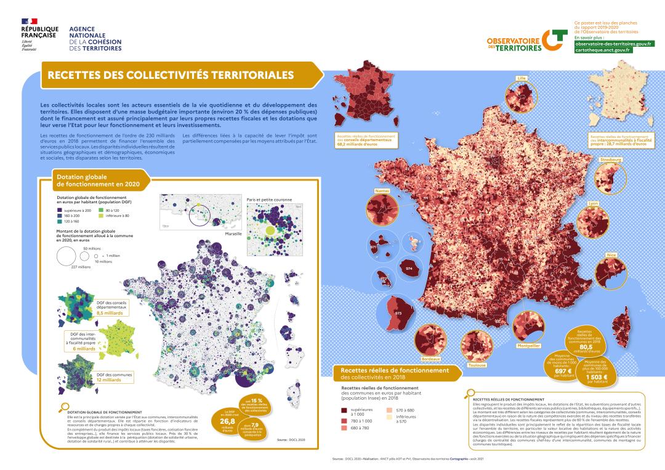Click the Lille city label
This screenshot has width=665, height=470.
(x=522, y=79)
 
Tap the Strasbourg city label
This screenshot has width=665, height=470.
(x=610, y=160)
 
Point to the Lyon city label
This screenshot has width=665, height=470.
(x=594, y=203)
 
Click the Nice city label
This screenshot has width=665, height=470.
(x=611, y=254)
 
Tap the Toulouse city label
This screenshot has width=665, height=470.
(x=477, y=365)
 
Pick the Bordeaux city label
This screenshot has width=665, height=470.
(x=430, y=359)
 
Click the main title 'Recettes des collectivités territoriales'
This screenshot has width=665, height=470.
(x=167, y=75)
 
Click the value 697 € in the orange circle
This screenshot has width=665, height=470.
(x=563, y=371)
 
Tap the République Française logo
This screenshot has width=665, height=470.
(x=39, y=37)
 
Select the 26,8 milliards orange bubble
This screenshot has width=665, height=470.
(x=228, y=421)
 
